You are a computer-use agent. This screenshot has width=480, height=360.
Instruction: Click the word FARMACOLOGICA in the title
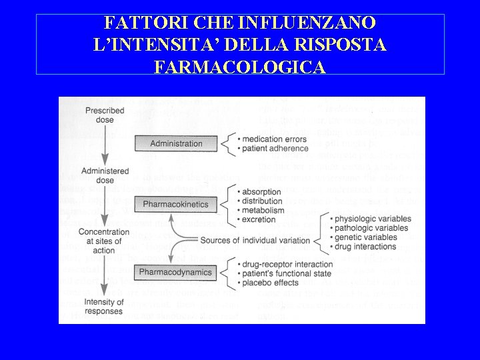tap(239, 67)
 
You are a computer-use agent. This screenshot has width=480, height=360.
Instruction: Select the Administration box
tap(176, 143)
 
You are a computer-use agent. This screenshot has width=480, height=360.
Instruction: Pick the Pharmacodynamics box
tap(176, 272)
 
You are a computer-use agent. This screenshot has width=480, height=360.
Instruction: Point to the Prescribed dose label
tap(104, 115)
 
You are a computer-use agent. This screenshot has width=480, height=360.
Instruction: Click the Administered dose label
tap(103, 176)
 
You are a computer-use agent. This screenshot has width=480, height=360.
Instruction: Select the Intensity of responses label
tap(104, 307)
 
